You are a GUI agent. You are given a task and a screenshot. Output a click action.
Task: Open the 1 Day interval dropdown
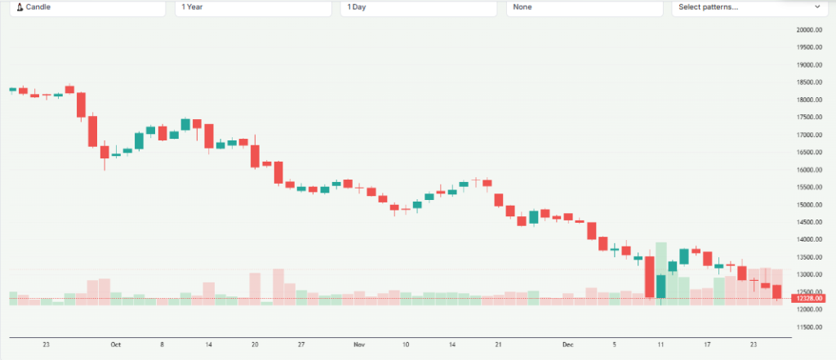[418, 7]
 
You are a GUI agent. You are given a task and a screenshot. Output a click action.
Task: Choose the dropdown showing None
[584, 7]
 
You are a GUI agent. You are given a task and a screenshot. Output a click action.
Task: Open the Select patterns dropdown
[747, 7]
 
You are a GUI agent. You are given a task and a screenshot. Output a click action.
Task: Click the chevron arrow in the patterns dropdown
[818, 7]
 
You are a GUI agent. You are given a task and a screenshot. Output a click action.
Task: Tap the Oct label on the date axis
[115, 344]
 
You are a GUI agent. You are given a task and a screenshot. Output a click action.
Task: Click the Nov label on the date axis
[358, 344]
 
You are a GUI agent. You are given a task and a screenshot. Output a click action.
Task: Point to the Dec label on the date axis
[568, 344]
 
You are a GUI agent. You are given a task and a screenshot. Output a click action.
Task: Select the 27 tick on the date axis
[301, 344]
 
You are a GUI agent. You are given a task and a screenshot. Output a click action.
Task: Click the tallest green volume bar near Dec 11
[661, 273]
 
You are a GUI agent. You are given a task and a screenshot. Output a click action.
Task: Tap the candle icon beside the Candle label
[20, 7]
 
